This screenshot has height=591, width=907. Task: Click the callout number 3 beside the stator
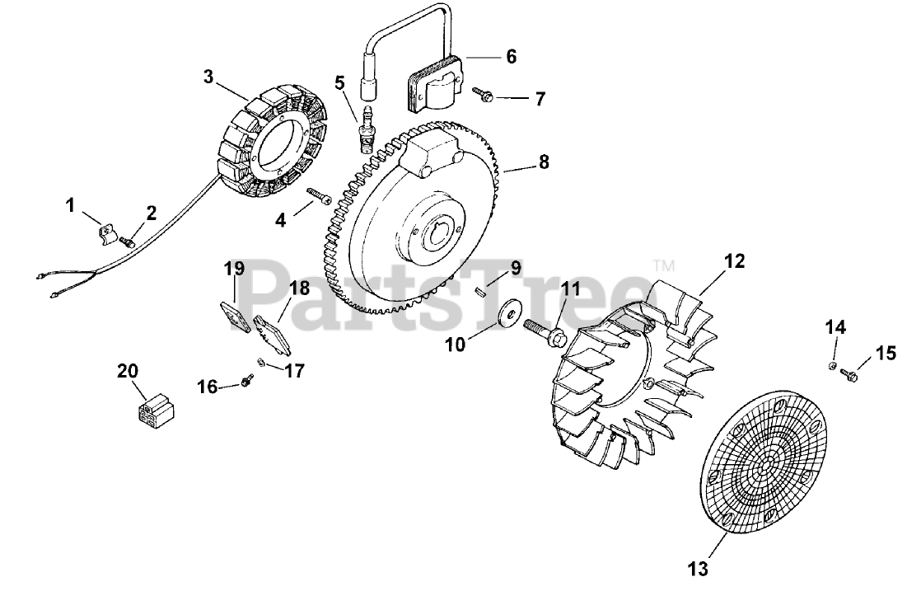click(208, 77)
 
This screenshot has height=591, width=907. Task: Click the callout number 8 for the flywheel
click(544, 162)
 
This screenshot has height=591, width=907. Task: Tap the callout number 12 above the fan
click(734, 261)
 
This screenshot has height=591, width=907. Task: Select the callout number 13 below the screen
click(697, 568)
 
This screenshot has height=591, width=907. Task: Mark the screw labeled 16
click(246, 380)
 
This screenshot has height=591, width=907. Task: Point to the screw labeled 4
click(317, 196)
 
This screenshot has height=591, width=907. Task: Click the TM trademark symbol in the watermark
click(663, 266)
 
